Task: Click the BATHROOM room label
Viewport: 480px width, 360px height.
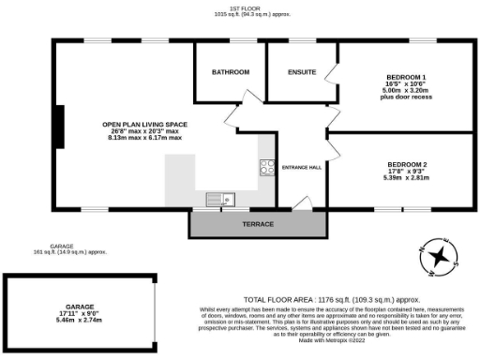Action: coord(230,72)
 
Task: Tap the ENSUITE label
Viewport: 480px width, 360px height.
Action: coord(302,72)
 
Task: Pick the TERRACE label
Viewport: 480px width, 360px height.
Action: coord(258,225)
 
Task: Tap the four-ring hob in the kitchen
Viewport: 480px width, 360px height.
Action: coord(266,168)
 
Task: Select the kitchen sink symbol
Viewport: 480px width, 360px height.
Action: coord(220,198)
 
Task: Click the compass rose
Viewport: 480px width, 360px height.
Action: coord(438,257)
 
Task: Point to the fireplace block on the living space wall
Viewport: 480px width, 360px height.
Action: coord(59,123)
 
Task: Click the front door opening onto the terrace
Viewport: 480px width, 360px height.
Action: coord(301,203)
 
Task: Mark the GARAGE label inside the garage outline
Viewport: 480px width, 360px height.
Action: coord(79,307)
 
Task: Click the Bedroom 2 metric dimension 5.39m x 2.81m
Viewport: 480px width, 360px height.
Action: coord(406,178)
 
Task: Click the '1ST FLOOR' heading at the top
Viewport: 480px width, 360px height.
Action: coord(239,8)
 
